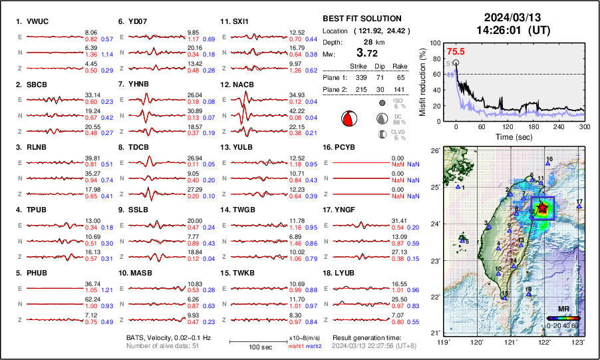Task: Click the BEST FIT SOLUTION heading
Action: pos(362,19)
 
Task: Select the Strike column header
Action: pos(359,66)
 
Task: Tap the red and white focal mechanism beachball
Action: pos(349,119)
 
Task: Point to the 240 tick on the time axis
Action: pos(559,126)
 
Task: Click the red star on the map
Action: pos(543,208)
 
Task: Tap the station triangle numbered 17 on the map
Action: pos(579,207)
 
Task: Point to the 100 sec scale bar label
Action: pos(250,347)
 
